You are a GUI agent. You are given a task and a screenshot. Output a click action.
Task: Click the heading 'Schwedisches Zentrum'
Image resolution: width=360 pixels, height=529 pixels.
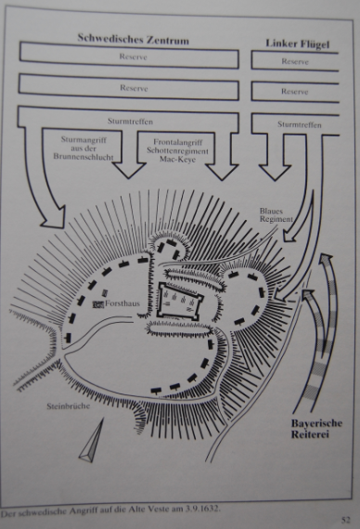(x=134, y=39)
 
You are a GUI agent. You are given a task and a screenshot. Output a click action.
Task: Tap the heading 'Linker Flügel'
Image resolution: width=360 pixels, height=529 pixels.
(x=297, y=44)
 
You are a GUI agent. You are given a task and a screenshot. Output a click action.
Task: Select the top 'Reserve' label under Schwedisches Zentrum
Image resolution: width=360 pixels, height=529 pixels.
(x=134, y=57)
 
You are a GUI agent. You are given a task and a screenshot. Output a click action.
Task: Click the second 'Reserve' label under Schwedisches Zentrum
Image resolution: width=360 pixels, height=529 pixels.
(x=134, y=88)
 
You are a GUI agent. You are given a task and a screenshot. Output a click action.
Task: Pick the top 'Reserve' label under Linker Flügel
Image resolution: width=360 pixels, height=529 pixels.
(x=295, y=61)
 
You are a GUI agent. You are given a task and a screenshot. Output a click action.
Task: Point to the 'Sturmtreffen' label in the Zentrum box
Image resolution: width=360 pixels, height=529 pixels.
(x=130, y=122)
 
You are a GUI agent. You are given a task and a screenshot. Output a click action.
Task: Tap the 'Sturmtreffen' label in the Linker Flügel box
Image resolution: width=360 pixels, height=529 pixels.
(x=300, y=125)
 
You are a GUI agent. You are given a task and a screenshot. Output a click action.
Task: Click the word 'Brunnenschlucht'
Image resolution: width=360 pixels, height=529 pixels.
(x=84, y=157)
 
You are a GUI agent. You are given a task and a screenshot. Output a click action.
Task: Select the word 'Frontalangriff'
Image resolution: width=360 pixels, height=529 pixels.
(x=178, y=142)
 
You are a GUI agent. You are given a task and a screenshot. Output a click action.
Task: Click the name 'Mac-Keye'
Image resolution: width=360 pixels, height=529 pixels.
(x=178, y=160)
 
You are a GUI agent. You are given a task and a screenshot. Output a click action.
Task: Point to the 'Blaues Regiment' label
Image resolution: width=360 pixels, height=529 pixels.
(x=276, y=215)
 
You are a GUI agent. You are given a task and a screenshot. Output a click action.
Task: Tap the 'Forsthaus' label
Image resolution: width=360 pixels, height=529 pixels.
(x=122, y=303)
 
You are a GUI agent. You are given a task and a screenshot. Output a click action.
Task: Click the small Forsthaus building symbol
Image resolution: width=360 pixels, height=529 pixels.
(x=98, y=304)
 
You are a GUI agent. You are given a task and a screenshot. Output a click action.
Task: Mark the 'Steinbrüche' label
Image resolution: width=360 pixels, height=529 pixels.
(x=69, y=406)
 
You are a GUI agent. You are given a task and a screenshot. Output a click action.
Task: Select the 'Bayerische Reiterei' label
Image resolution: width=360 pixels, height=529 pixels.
(x=316, y=429)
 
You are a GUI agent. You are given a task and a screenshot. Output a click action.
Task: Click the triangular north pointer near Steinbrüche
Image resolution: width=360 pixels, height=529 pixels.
(x=92, y=440)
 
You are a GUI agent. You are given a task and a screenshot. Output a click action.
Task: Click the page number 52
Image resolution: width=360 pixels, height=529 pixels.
(x=346, y=520)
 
